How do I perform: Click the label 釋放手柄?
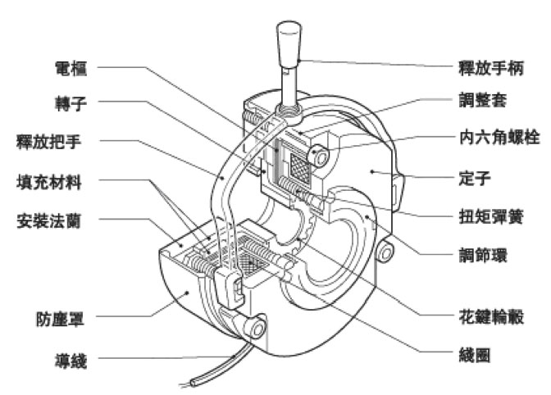(x=489, y=65)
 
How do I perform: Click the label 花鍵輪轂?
(x=490, y=318)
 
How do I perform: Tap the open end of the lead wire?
(x=190, y=382)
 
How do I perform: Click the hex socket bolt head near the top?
(x=317, y=156)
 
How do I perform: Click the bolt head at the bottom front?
(x=257, y=329)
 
